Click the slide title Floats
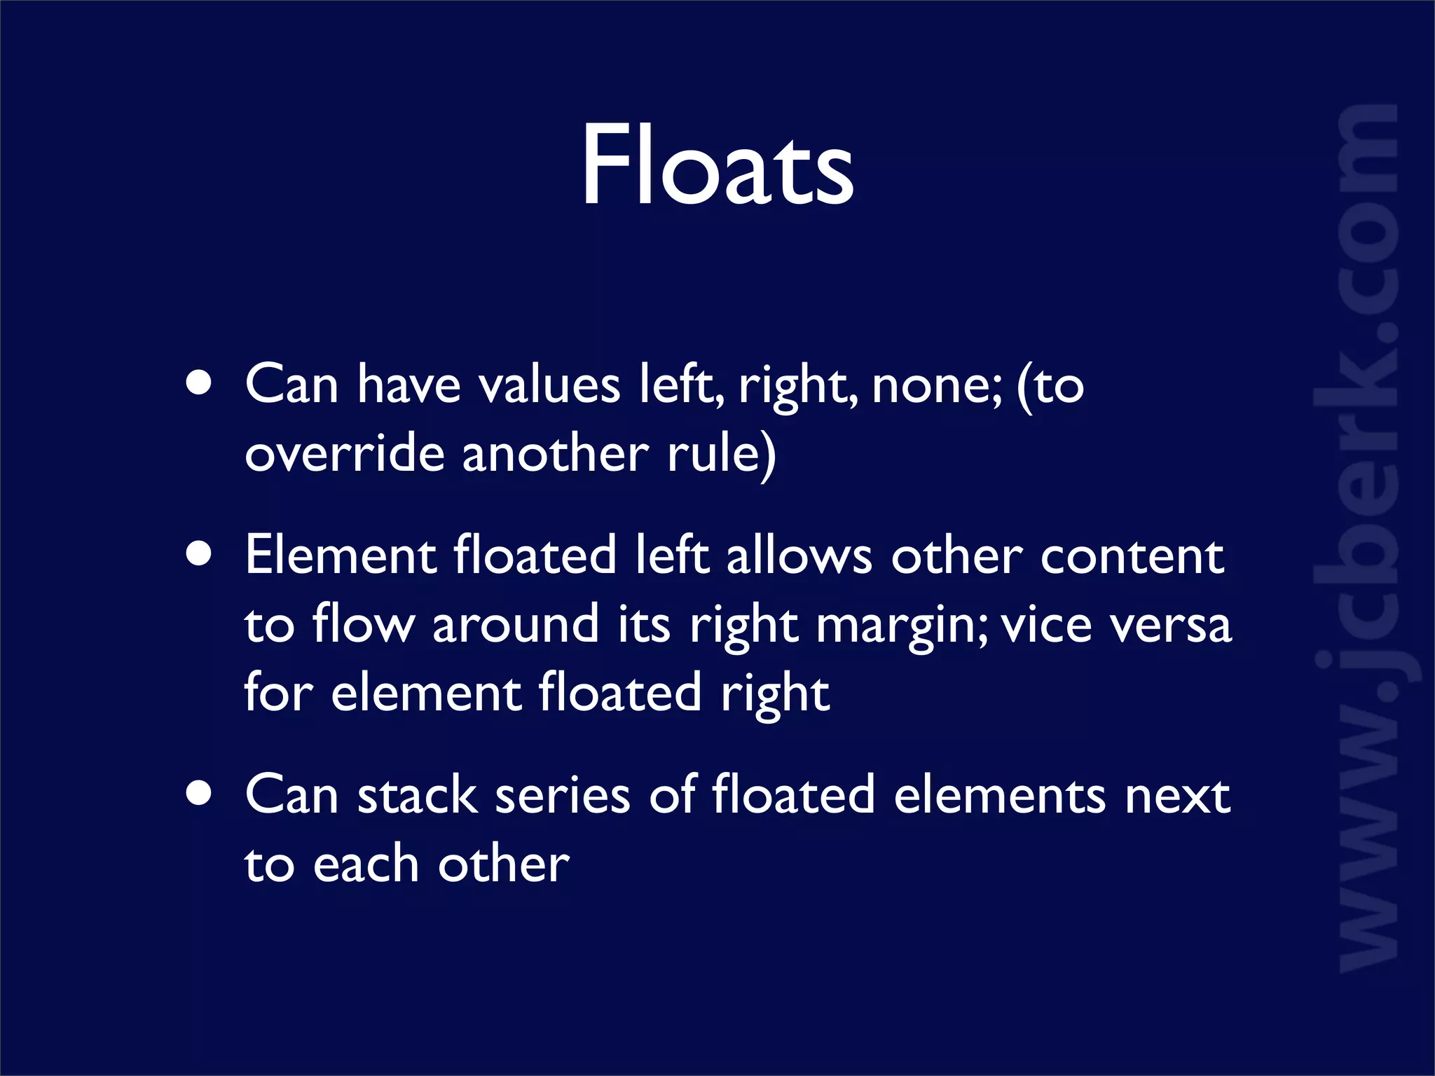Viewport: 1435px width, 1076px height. click(x=717, y=165)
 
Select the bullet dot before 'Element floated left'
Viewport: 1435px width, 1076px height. click(x=200, y=553)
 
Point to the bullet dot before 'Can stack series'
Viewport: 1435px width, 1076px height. click(x=200, y=794)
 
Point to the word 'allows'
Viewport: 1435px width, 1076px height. click(x=799, y=556)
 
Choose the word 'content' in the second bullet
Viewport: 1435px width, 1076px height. click(x=1132, y=558)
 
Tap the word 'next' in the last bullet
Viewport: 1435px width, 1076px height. click(x=1177, y=797)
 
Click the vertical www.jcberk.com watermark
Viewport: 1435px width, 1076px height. click(x=1366, y=539)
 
